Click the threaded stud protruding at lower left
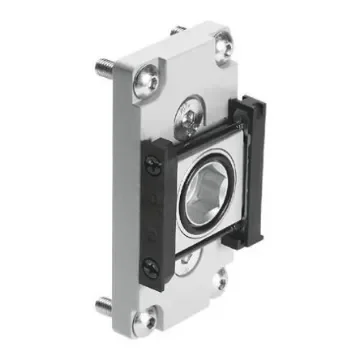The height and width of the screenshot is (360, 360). tap(105, 303)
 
